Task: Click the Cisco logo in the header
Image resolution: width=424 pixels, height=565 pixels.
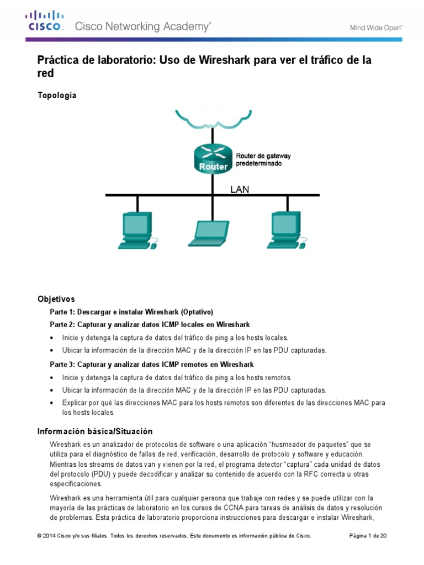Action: (46, 21)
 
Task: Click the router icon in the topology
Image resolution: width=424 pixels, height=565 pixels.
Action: (213, 158)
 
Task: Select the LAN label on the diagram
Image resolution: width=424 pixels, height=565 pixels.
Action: (240, 189)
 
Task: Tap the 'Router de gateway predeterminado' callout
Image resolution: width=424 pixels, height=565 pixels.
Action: (263, 160)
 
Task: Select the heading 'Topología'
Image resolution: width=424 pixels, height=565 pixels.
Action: (57, 95)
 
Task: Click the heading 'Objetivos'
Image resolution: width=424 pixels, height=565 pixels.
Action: (56, 299)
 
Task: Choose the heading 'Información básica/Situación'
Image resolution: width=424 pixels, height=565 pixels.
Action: (94, 431)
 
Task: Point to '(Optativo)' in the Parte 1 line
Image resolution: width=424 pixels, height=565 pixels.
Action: (193, 312)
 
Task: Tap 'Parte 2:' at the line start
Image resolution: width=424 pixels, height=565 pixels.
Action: (62, 324)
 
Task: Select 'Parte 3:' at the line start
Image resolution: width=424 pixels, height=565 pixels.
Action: (62, 365)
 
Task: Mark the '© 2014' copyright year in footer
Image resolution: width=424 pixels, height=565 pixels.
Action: (47, 536)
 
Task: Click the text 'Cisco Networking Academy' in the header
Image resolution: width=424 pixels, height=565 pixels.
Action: (142, 26)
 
